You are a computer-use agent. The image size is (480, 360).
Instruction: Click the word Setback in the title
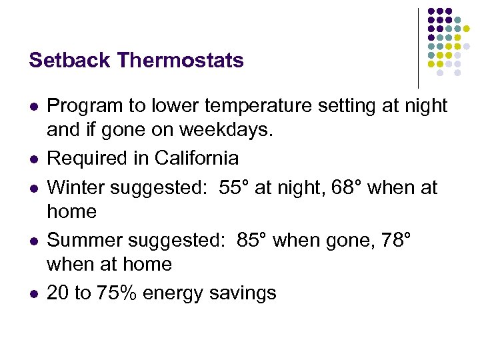pos(70,61)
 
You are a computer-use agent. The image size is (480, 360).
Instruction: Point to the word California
pos(196,158)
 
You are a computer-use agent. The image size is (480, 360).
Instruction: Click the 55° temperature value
pos(234,187)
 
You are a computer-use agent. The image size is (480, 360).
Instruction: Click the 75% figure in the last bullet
pos(122,293)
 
